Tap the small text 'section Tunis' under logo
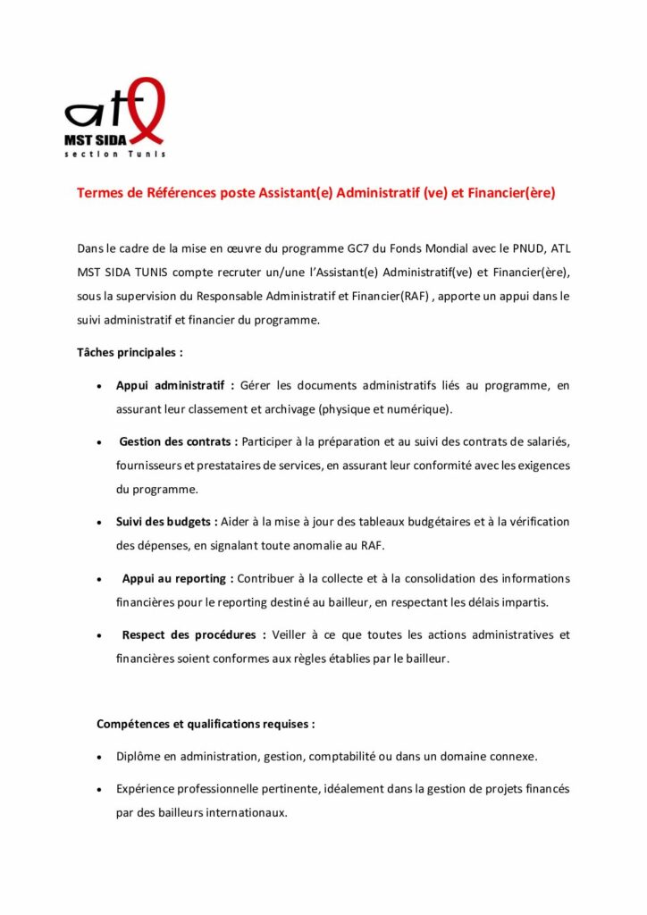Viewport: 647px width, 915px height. click(114, 154)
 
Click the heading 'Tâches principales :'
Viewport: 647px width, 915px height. click(130, 352)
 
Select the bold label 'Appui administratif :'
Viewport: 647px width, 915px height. click(175, 386)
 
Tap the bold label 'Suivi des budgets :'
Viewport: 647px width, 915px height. click(167, 522)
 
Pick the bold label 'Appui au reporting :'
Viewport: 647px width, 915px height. click(178, 578)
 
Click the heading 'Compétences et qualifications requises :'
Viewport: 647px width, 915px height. click(206, 723)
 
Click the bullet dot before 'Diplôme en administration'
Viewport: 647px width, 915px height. click(97, 757)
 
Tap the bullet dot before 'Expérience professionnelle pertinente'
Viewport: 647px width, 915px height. click(97, 790)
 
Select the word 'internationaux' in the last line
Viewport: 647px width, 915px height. click(246, 813)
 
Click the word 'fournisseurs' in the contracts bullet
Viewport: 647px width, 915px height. click(148, 466)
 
